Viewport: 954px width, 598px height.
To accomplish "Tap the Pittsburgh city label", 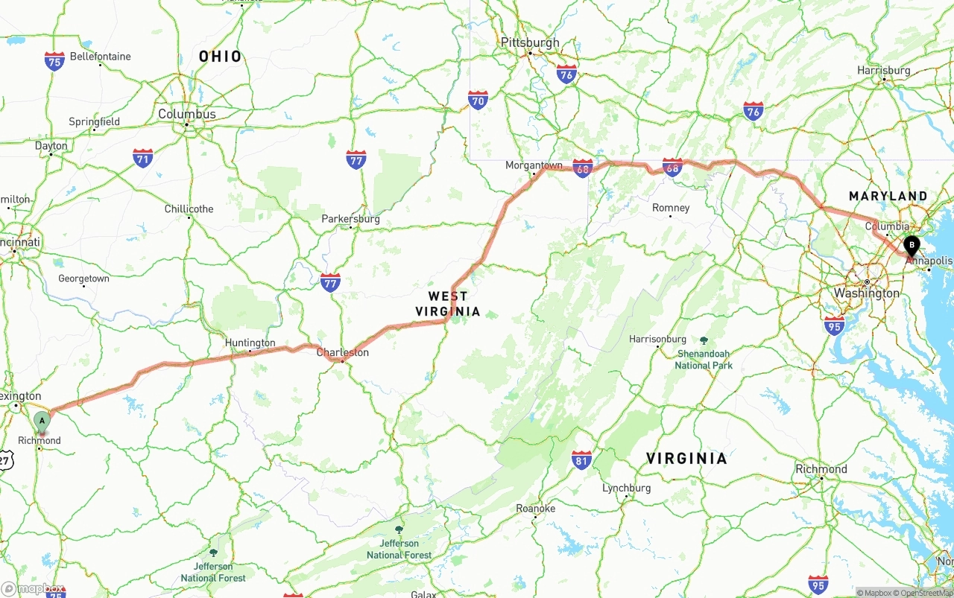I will point(530,42).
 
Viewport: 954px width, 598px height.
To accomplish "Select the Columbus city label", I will point(187,114).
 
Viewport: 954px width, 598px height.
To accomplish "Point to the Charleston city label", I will point(343,352).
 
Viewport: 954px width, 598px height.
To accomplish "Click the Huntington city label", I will point(250,343).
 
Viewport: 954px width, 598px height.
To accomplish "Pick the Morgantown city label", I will point(534,165).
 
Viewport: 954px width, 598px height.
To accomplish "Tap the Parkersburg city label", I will point(350,219).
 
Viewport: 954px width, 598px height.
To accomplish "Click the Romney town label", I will point(671,208).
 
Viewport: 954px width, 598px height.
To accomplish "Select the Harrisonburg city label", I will point(657,339).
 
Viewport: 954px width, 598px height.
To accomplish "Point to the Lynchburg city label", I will point(626,488).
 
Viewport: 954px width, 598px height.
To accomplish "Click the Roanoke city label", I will point(535,508).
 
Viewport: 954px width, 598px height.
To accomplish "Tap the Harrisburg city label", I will point(884,70).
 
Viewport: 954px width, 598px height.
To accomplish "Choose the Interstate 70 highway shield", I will point(478,101).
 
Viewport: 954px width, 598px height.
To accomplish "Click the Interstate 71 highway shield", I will point(143,158).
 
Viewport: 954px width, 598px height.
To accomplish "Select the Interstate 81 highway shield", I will point(581,459).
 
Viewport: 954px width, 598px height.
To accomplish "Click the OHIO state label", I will point(221,56).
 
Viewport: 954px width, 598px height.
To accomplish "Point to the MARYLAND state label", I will point(888,196).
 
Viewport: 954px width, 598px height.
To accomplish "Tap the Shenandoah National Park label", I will point(704,359).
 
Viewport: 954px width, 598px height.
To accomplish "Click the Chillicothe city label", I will point(189,209).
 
